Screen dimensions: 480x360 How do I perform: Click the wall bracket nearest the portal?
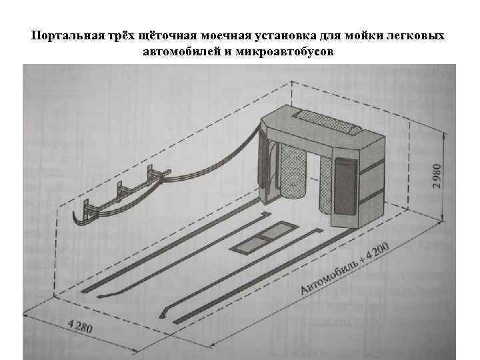(156, 177)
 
